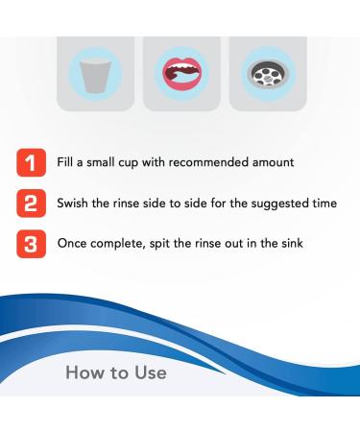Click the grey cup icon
coord(94,75)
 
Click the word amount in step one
coord(283,163)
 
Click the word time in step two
coord(324,202)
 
